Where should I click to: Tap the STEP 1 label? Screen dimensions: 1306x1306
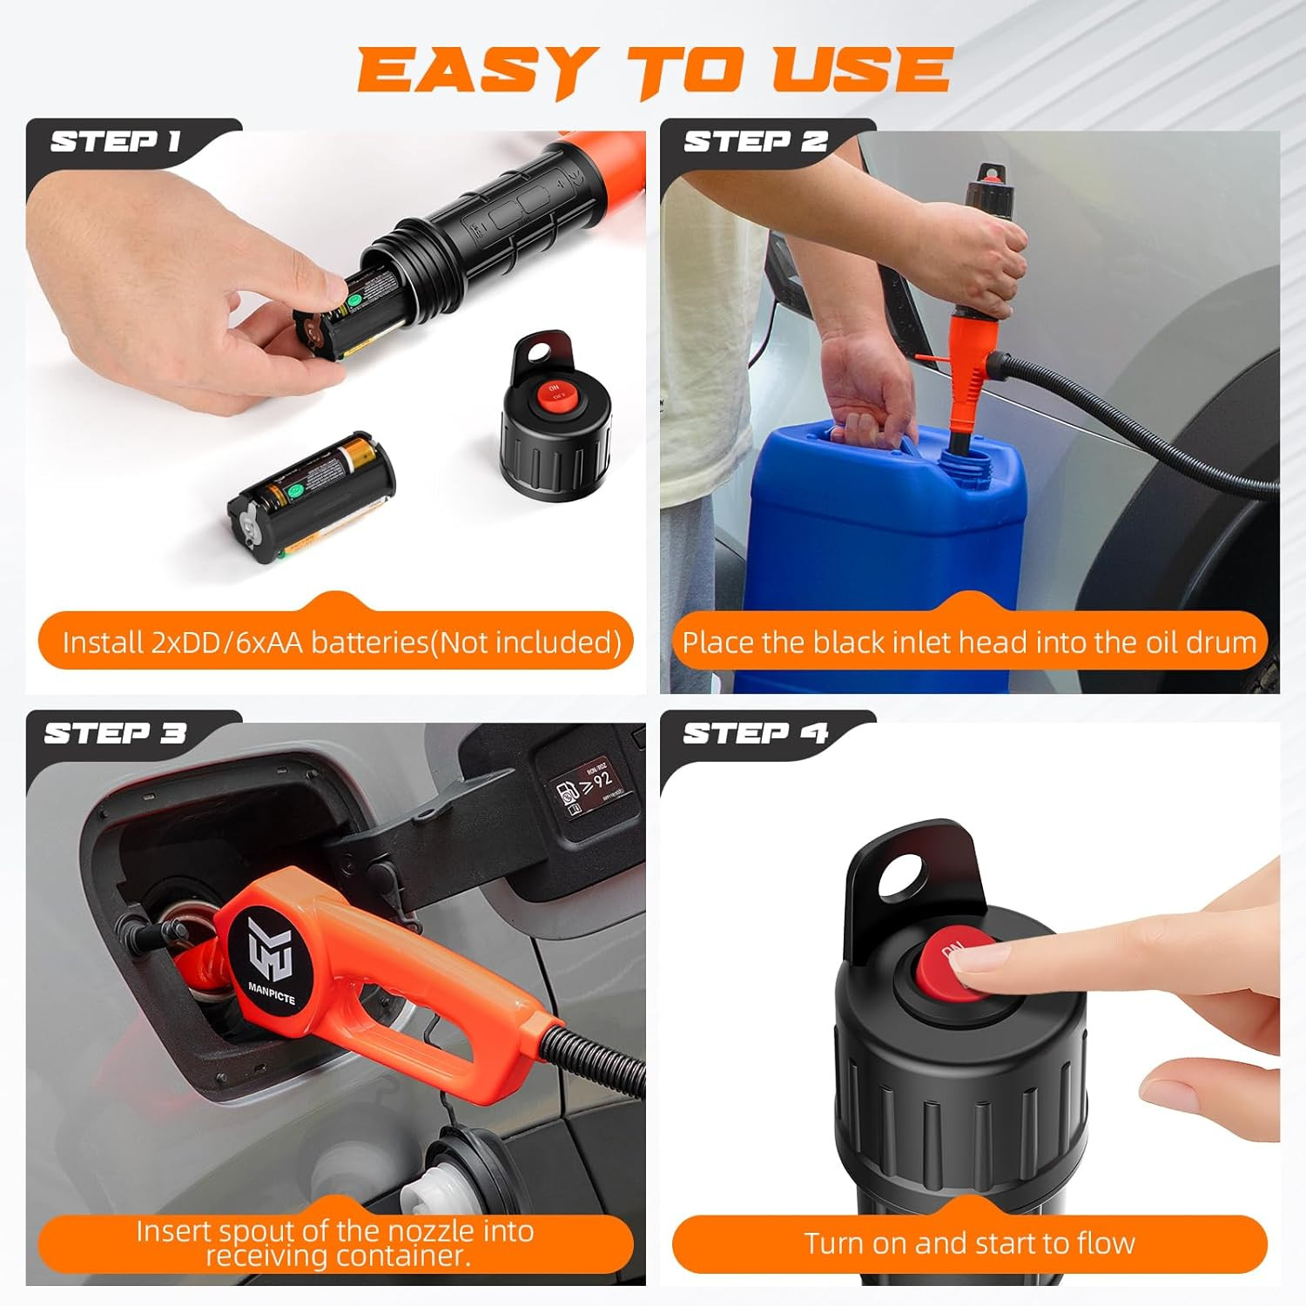coord(115,141)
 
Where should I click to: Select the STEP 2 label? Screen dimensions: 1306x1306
coord(755,141)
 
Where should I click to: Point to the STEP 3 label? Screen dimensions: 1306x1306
coord(115,733)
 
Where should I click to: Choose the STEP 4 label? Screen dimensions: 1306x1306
coord(755,733)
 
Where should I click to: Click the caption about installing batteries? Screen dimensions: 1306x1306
coord(341,643)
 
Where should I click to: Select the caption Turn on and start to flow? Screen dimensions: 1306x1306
coord(969,1243)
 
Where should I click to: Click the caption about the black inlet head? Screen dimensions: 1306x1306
coord(969,643)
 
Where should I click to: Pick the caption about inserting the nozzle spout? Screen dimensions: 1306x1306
coord(335,1243)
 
